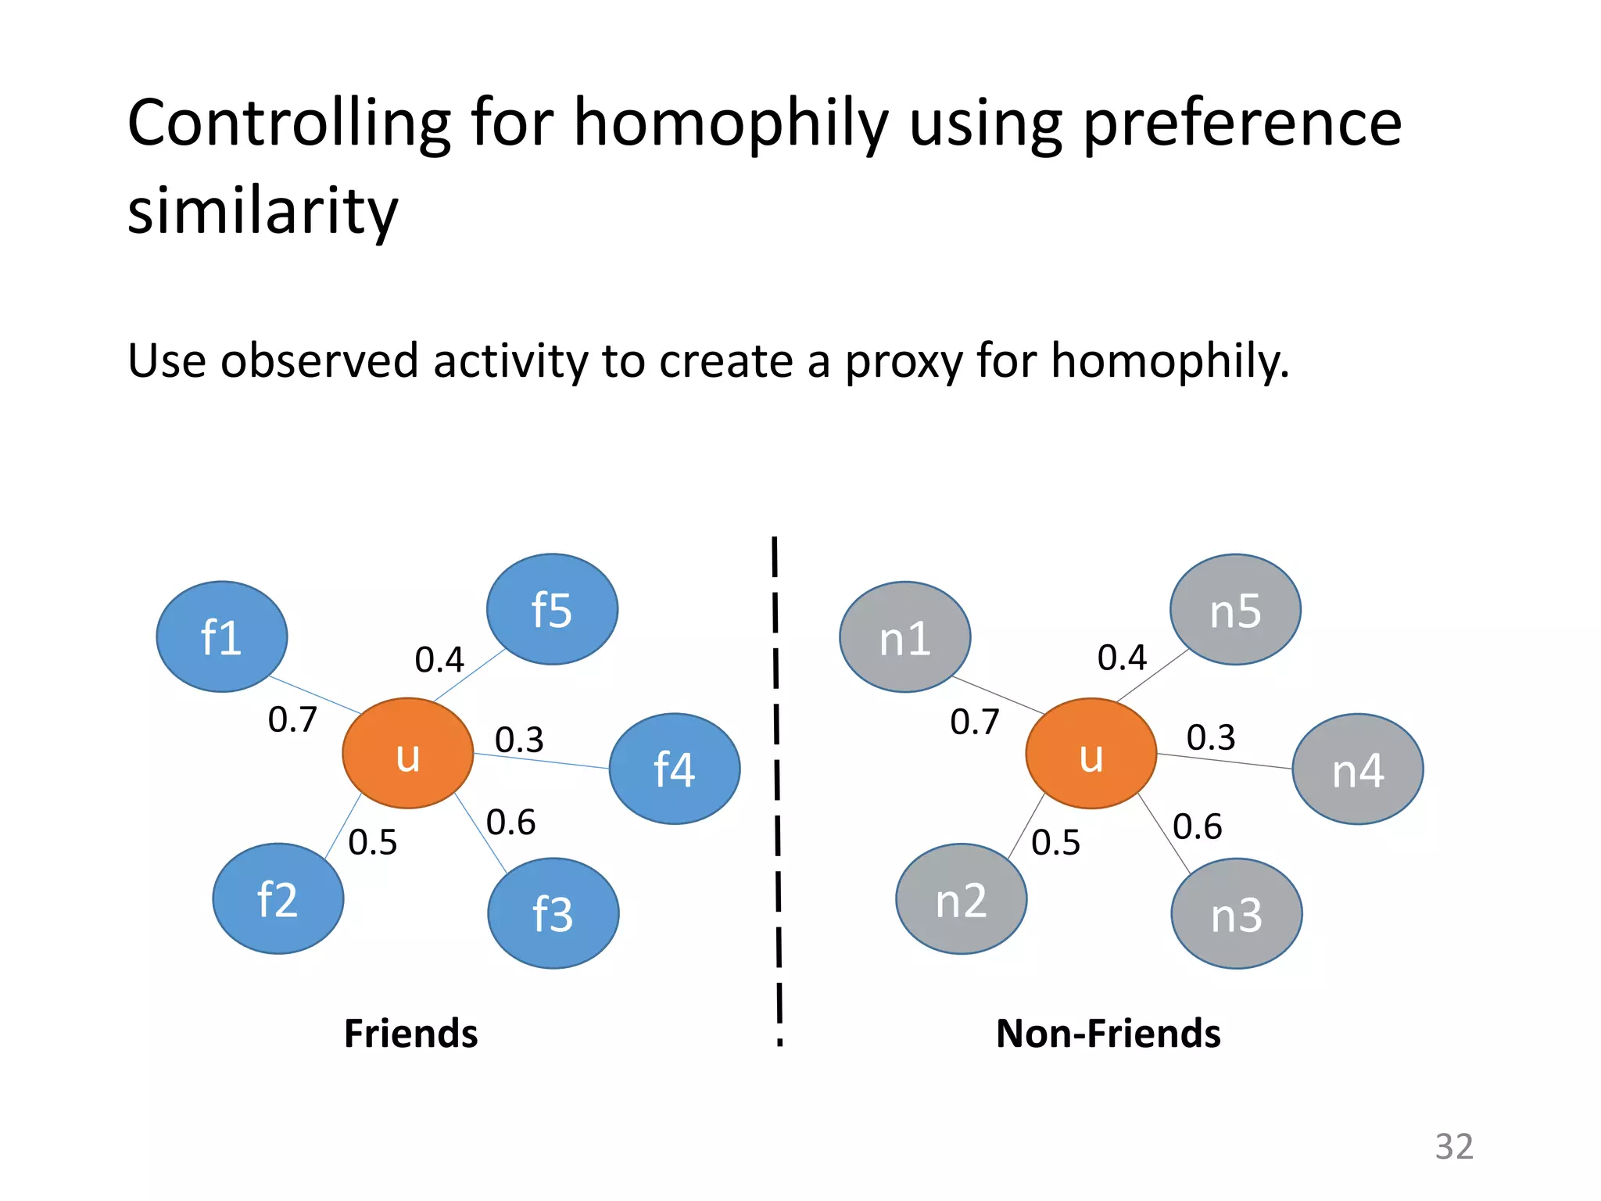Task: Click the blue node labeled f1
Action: (221, 636)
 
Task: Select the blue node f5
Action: (552, 609)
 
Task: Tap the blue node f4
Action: (674, 769)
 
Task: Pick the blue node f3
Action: (553, 913)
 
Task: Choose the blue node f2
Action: (278, 898)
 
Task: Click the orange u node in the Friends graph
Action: (407, 753)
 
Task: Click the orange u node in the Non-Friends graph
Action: (1091, 753)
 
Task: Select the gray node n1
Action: (904, 636)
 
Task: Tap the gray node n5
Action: (1235, 609)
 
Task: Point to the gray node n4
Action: (1357, 769)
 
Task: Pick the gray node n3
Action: (1236, 913)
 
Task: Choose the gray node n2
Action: (961, 898)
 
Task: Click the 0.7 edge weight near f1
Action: (292, 719)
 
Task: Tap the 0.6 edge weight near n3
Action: (1197, 826)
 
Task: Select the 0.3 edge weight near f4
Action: (519, 740)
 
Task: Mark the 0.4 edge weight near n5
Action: (1122, 658)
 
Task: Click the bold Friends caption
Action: (410, 1033)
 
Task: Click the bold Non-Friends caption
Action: (1108, 1033)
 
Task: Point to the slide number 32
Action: (1454, 1146)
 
